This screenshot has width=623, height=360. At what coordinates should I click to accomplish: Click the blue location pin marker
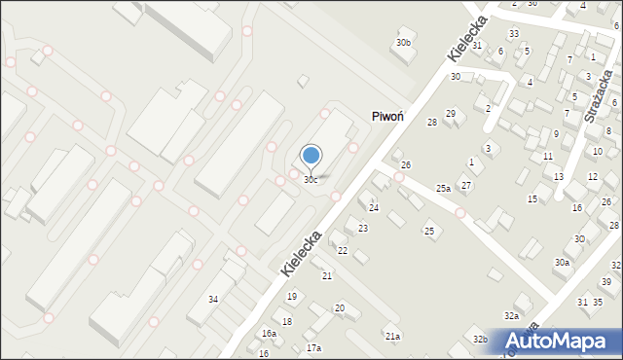point(311,156)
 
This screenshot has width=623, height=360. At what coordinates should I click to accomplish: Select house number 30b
point(403,43)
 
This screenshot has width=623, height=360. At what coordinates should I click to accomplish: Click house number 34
point(213,299)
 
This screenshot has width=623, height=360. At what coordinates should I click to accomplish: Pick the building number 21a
point(392,337)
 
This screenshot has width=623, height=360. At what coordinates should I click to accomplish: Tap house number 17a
point(313,347)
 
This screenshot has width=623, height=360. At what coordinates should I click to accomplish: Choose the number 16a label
point(269,334)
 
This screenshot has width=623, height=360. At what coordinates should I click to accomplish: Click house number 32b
point(480,339)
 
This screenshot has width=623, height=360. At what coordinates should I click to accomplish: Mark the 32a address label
point(511,316)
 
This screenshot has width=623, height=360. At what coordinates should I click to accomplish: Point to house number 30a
point(562,263)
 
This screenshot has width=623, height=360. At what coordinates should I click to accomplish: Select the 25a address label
point(443,188)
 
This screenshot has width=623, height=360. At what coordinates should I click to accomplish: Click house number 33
point(513,34)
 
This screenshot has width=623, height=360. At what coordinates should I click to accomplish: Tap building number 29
point(450,114)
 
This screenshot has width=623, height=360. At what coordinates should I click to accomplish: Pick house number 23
point(363,229)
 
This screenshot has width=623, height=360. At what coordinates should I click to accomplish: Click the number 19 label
point(291,296)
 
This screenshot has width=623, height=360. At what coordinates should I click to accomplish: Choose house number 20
point(340,308)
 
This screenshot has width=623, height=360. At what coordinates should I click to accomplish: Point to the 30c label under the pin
point(310,180)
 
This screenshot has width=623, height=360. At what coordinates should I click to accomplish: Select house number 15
point(532,199)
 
